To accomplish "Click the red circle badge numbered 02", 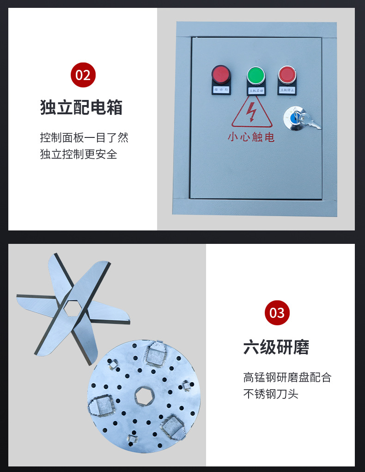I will click(x=83, y=75).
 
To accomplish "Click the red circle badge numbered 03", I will click(x=277, y=313).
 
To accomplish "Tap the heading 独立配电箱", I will click(x=81, y=107).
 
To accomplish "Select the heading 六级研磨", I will click(x=276, y=347).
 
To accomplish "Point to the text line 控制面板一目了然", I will click(x=84, y=137).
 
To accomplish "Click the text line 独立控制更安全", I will click(x=79, y=154).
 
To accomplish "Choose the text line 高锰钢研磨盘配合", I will click(x=287, y=377).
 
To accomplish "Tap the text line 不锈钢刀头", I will click(x=271, y=394).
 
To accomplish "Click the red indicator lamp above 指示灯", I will click(x=221, y=74).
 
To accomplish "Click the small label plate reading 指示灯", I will click(x=221, y=89).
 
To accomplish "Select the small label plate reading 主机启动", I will click(x=255, y=91).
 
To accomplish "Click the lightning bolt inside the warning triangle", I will click(x=252, y=112).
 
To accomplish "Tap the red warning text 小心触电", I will click(x=251, y=137).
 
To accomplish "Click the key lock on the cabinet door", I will click(x=294, y=116).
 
